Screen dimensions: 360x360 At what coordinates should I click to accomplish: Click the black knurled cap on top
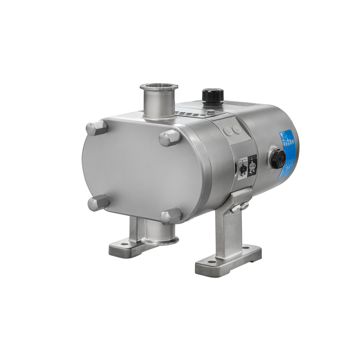tap(212, 95)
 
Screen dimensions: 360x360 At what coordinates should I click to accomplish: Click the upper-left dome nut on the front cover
tap(97, 128)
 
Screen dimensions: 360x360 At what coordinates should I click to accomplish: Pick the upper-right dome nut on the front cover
tap(170, 137)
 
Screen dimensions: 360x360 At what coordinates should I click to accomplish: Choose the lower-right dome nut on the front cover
tap(171, 216)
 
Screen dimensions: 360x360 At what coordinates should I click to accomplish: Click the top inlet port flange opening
tap(159, 87)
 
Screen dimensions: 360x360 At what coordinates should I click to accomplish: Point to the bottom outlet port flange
tap(160, 241)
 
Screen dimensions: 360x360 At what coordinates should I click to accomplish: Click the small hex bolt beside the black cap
tap(210, 112)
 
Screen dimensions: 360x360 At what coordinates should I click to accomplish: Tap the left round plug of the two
tap(228, 132)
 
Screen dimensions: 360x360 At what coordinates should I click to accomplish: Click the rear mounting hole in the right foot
tap(246, 247)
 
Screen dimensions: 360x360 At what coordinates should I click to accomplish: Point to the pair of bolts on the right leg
tap(239, 207)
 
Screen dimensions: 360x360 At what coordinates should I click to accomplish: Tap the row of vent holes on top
tap(187, 113)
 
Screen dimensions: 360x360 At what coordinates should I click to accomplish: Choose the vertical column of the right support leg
tap(229, 229)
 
